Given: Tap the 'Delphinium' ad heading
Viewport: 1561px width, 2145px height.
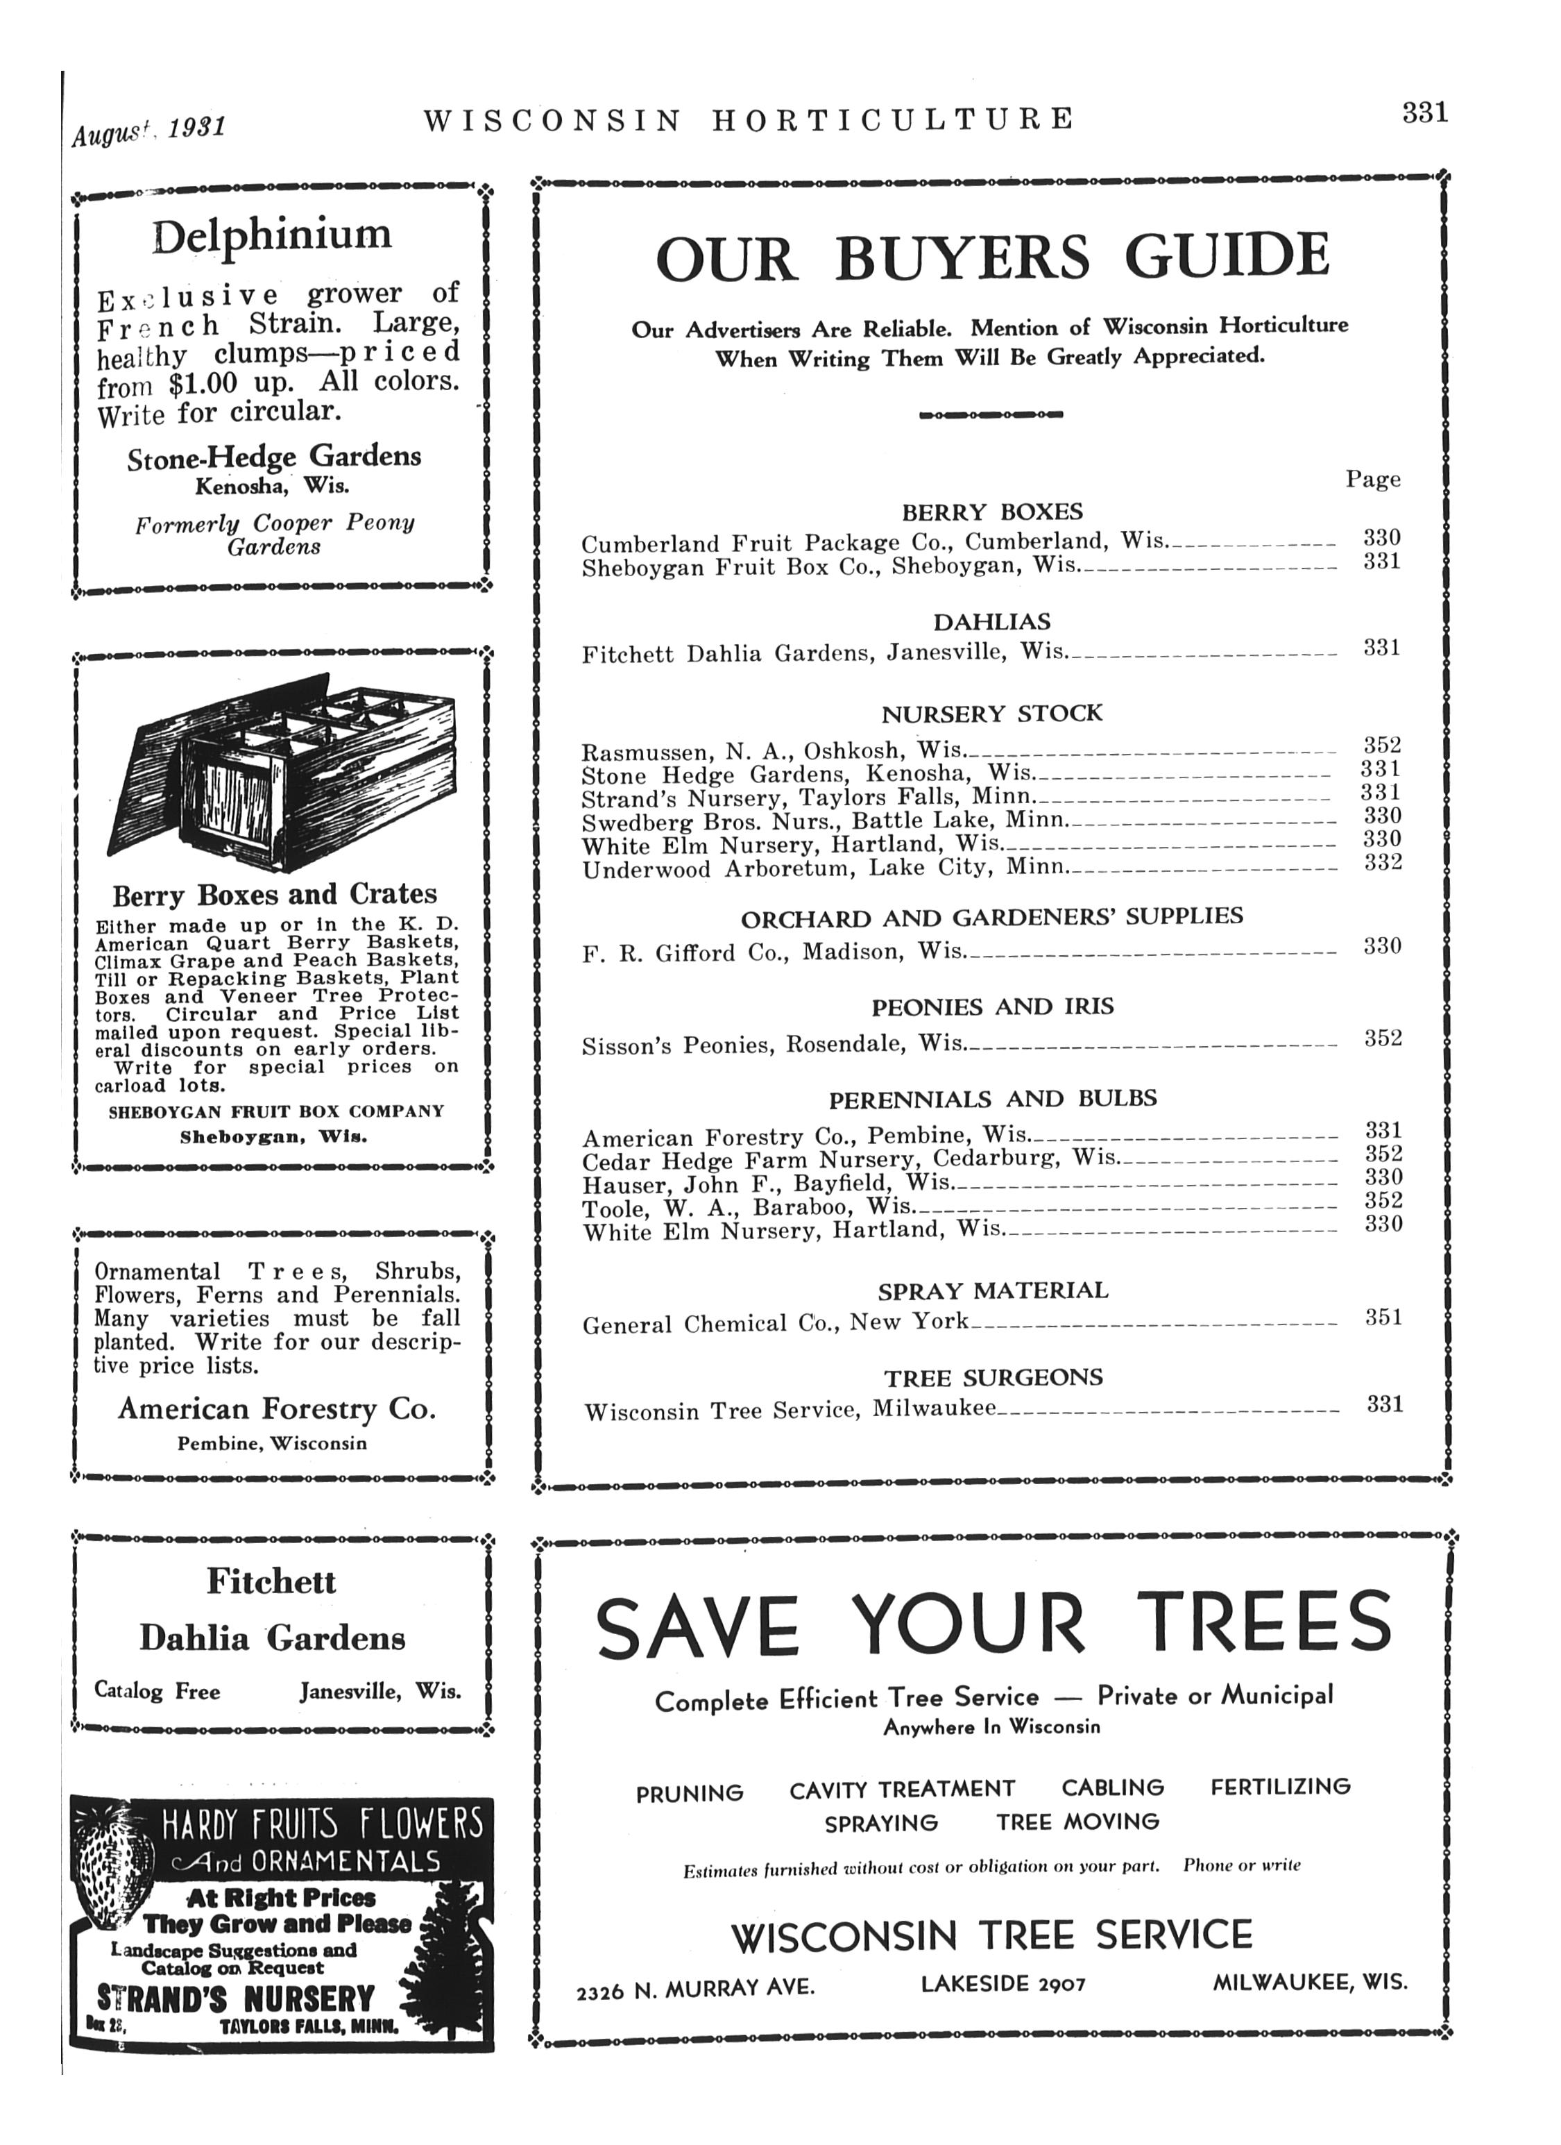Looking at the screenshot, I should [x=271, y=235].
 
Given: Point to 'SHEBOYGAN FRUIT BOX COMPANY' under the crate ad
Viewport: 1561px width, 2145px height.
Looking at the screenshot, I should [x=276, y=1111].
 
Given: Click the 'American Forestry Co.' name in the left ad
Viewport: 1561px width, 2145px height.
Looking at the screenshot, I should [x=276, y=1409].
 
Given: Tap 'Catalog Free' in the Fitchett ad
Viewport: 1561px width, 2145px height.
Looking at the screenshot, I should [x=157, y=1691].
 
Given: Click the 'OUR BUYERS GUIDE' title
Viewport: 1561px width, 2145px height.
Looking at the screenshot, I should [x=992, y=258].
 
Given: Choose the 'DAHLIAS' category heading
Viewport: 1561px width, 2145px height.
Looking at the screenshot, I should [x=992, y=622].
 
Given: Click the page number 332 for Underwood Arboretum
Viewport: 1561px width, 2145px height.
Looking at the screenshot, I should [x=1381, y=863].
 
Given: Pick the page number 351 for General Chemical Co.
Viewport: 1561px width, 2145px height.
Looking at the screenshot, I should [x=1383, y=1318].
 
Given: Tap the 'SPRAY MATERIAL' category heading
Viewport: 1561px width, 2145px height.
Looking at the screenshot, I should [x=993, y=1291].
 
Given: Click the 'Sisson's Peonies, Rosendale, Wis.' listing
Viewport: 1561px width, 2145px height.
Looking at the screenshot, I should [x=774, y=1044].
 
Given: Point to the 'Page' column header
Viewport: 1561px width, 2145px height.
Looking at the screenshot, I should [x=1373, y=480].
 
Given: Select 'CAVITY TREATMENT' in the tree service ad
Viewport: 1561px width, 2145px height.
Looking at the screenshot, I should [x=902, y=1790].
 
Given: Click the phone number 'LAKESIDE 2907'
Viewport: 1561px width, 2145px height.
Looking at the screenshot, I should [x=1003, y=1983].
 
